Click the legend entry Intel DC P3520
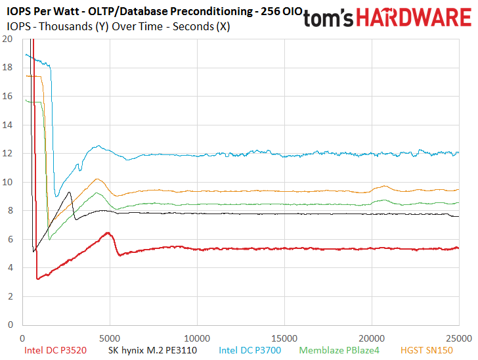point(55,350)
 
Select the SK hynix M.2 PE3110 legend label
point(152,350)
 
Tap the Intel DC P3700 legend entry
point(250,350)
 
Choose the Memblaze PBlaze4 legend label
point(339,350)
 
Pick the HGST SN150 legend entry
point(427,350)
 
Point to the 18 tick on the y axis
point(7,68)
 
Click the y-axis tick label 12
point(7,154)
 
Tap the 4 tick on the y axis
point(11,268)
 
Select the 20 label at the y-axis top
point(7,39)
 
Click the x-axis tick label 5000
point(110,338)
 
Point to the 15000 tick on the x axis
point(284,338)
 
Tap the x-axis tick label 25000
point(459,338)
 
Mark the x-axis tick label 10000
point(197,338)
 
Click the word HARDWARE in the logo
point(414,17)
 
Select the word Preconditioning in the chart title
point(211,12)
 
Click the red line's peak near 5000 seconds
point(108,233)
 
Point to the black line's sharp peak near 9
point(70,192)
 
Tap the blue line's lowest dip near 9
point(56,196)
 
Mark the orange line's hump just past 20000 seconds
point(384,186)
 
